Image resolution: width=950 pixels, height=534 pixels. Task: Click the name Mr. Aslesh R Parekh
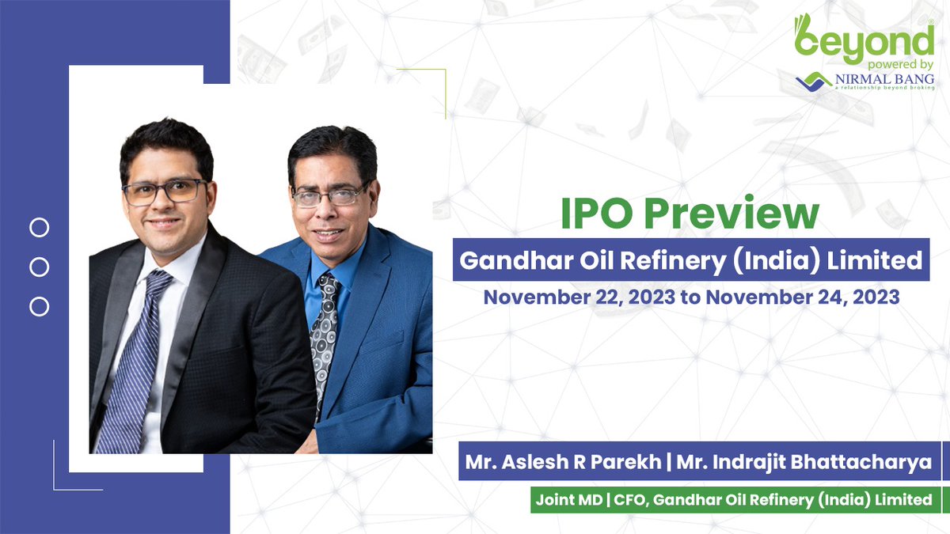tap(563, 462)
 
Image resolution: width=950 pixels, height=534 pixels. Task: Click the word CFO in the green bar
tap(624, 499)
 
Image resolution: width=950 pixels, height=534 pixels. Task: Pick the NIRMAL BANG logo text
tap(885, 80)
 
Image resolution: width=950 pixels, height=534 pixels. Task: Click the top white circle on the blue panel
tap(39, 229)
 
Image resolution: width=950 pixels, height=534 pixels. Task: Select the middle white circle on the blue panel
tap(39, 267)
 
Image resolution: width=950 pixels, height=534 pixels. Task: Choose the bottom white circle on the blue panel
tap(39, 306)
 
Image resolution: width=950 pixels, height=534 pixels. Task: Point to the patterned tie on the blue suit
tap(325, 332)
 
